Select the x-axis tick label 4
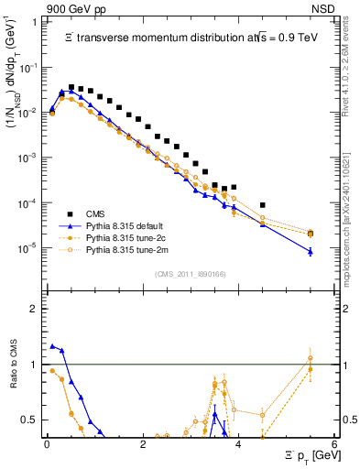[x=238, y=443]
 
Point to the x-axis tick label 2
[x=143, y=443]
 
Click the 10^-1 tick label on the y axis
[x=28, y=68]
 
